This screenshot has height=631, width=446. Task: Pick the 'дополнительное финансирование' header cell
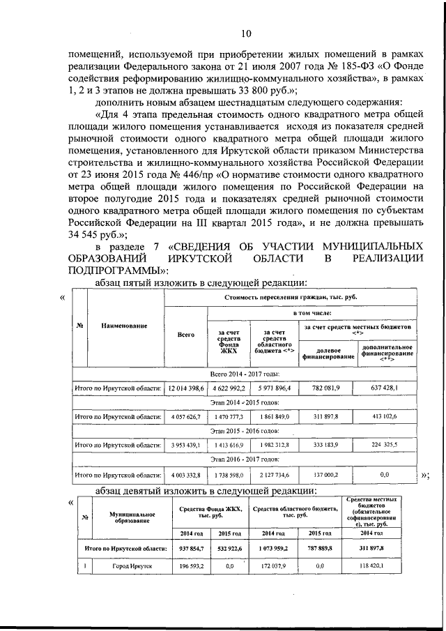click(x=387, y=353)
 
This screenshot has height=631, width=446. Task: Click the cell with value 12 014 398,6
click(x=185, y=388)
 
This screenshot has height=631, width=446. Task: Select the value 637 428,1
click(x=387, y=388)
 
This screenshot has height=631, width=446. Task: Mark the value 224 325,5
click(x=387, y=446)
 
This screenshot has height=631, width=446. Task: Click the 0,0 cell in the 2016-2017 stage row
click(x=387, y=474)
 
